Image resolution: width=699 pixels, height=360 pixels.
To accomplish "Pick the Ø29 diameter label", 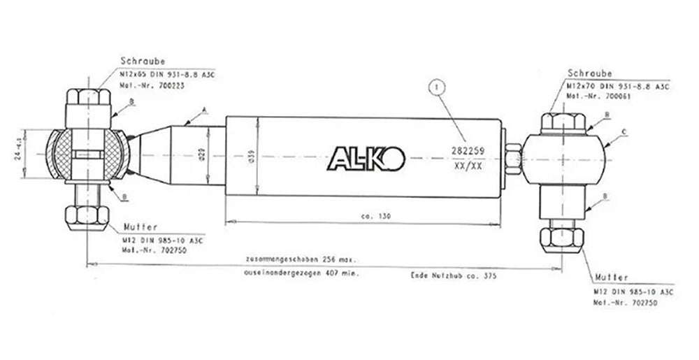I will (x=201, y=155).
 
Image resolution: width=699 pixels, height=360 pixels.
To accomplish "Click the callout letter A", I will (x=203, y=110).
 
